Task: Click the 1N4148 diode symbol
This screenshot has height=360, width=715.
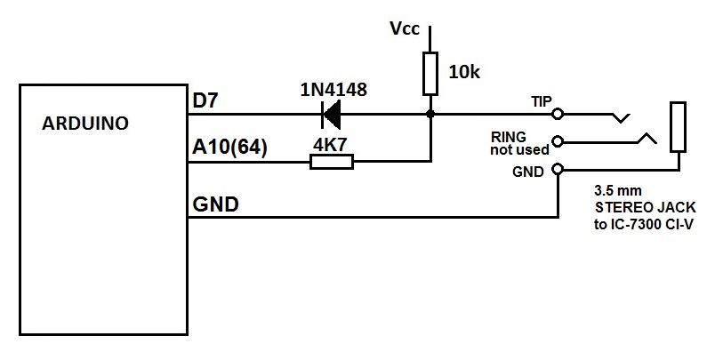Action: point(332,114)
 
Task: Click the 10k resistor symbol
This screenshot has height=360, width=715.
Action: point(430,73)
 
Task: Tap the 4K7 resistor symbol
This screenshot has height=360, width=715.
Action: point(331,162)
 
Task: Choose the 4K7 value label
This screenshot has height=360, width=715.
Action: point(331,141)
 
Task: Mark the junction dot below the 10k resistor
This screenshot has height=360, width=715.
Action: point(430,114)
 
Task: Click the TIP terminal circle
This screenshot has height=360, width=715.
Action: point(558,114)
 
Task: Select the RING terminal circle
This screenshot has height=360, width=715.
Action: point(558,140)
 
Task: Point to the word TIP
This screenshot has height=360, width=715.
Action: point(542,101)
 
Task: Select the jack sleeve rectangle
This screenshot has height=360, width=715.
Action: point(678,126)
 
